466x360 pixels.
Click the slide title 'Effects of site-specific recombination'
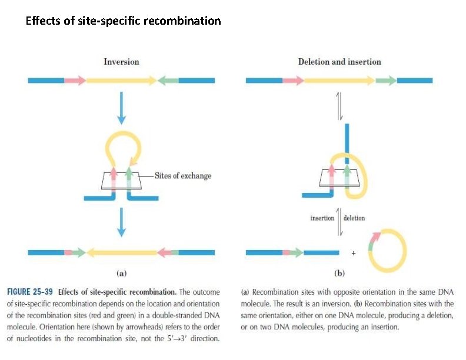click(x=124, y=22)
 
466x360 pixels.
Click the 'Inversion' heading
click(x=121, y=62)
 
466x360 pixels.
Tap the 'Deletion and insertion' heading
click(x=339, y=62)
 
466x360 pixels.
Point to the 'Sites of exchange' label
click(x=182, y=176)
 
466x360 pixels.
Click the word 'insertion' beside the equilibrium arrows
click(x=322, y=218)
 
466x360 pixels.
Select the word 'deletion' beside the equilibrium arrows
click(x=354, y=218)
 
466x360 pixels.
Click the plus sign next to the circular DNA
click(x=353, y=253)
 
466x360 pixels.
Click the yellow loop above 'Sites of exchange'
click(x=122, y=141)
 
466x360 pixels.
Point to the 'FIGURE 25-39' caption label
click(x=31, y=292)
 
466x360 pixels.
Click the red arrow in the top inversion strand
click(x=75, y=80)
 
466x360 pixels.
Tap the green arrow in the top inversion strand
click(x=168, y=80)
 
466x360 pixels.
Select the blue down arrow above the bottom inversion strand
click(x=121, y=222)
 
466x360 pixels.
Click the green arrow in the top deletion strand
click(x=385, y=81)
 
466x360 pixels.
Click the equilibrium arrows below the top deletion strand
click(x=339, y=106)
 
